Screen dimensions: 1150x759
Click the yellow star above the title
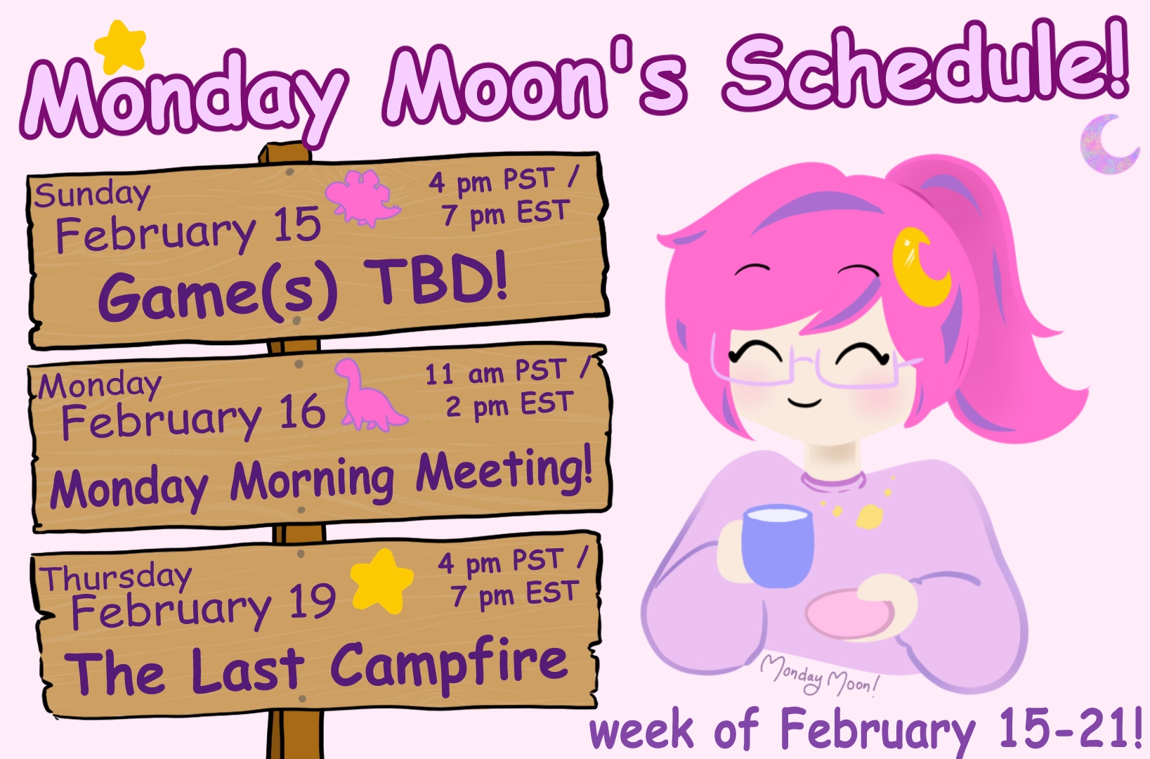click(x=121, y=47)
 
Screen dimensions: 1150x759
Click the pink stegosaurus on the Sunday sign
click(x=362, y=198)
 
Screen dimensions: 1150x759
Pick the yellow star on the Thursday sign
click(x=381, y=581)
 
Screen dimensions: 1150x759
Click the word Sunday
click(x=93, y=195)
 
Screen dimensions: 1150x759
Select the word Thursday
click(x=116, y=578)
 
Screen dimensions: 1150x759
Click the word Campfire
click(x=450, y=665)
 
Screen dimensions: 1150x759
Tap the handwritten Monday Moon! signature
click(x=820, y=675)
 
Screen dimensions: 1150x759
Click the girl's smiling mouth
click(x=804, y=402)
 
